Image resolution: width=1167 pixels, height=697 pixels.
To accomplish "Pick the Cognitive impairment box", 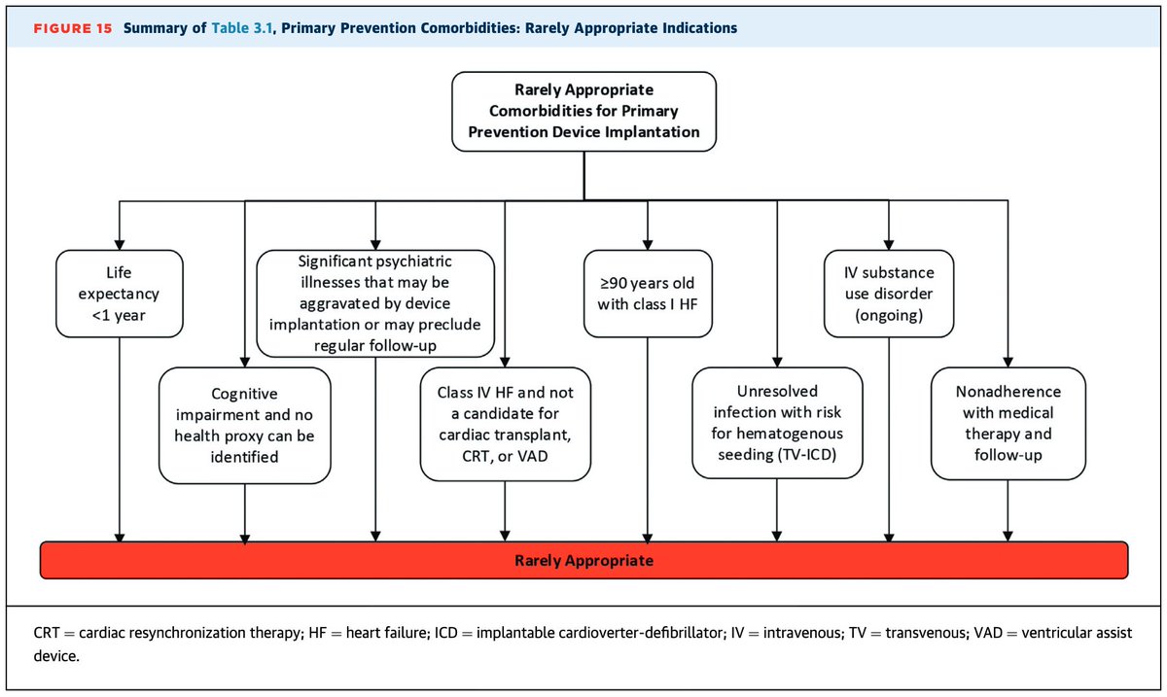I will click(x=243, y=425).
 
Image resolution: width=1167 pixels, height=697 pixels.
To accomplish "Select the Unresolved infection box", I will click(x=777, y=423).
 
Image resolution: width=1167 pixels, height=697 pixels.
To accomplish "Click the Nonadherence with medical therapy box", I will click(x=1008, y=423).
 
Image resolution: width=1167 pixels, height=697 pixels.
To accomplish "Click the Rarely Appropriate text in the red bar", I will click(x=583, y=561).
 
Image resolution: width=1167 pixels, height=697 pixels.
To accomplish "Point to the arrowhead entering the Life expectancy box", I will click(x=120, y=244).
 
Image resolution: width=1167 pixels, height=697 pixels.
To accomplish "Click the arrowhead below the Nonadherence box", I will click(x=1008, y=534).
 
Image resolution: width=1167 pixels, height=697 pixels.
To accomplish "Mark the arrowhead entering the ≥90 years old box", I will click(x=647, y=244).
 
